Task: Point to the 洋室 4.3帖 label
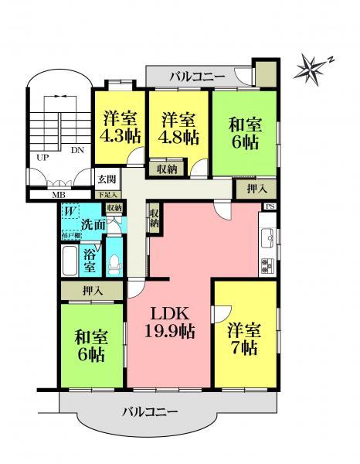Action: coord(121,128)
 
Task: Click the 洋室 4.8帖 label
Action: coord(180,128)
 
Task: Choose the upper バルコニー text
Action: coord(197,77)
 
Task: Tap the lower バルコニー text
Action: coord(150,411)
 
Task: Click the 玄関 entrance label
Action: coord(107,179)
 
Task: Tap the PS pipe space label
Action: coord(270,206)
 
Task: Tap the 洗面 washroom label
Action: coord(91,225)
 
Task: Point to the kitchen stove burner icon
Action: coord(267,265)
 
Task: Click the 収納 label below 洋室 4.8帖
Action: coord(166,169)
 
